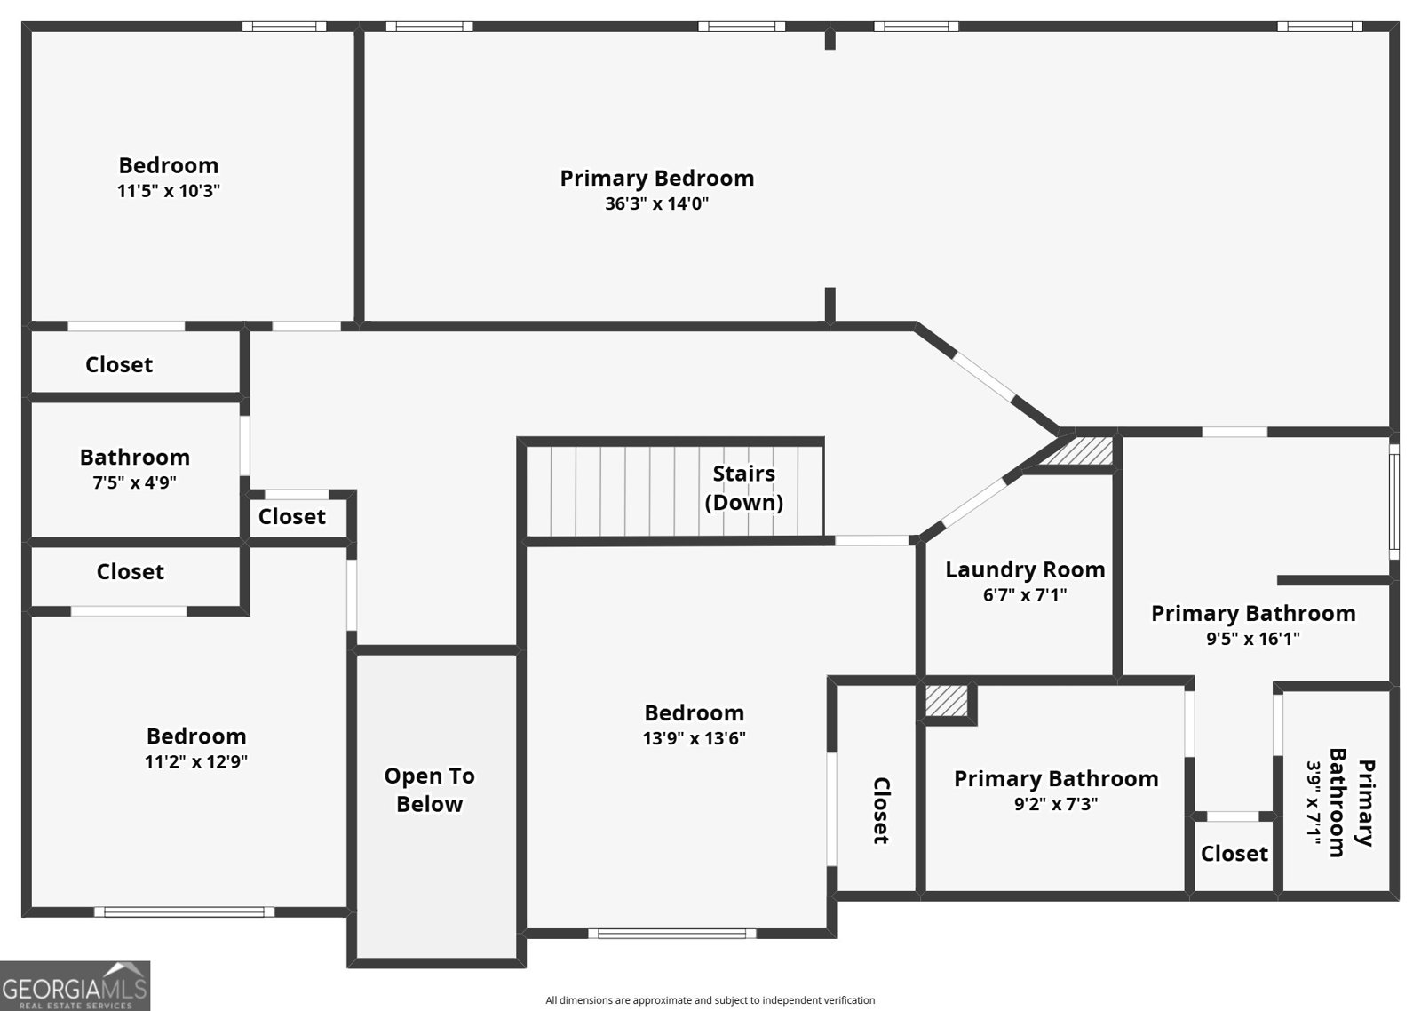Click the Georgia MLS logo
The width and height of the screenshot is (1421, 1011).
tap(75, 985)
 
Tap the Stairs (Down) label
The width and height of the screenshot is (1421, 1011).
tap(743, 488)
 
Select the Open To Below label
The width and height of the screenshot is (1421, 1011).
tap(429, 790)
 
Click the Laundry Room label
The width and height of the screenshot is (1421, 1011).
tap(1025, 569)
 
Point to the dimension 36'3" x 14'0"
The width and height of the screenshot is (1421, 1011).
tap(656, 203)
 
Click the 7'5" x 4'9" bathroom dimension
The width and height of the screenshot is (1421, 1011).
tap(135, 482)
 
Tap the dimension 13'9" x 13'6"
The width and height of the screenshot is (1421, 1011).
tap(694, 738)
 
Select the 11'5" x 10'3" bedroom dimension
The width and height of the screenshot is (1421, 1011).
tap(168, 191)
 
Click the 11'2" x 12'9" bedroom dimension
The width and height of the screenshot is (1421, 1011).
tap(195, 761)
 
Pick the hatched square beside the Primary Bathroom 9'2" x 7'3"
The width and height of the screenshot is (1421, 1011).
tap(947, 700)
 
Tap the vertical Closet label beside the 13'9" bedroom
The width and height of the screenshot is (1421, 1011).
tap(880, 810)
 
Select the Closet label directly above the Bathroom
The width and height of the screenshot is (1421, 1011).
tap(119, 364)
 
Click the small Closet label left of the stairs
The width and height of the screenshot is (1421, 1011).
tap(291, 516)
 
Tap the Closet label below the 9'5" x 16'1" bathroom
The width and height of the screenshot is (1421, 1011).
tap(1234, 854)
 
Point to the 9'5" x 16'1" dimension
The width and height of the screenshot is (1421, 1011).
tap(1252, 639)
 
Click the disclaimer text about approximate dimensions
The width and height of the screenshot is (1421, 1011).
tap(710, 1000)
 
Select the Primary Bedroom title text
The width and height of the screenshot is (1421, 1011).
tap(656, 178)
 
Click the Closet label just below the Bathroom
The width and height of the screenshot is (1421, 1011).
tap(130, 571)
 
